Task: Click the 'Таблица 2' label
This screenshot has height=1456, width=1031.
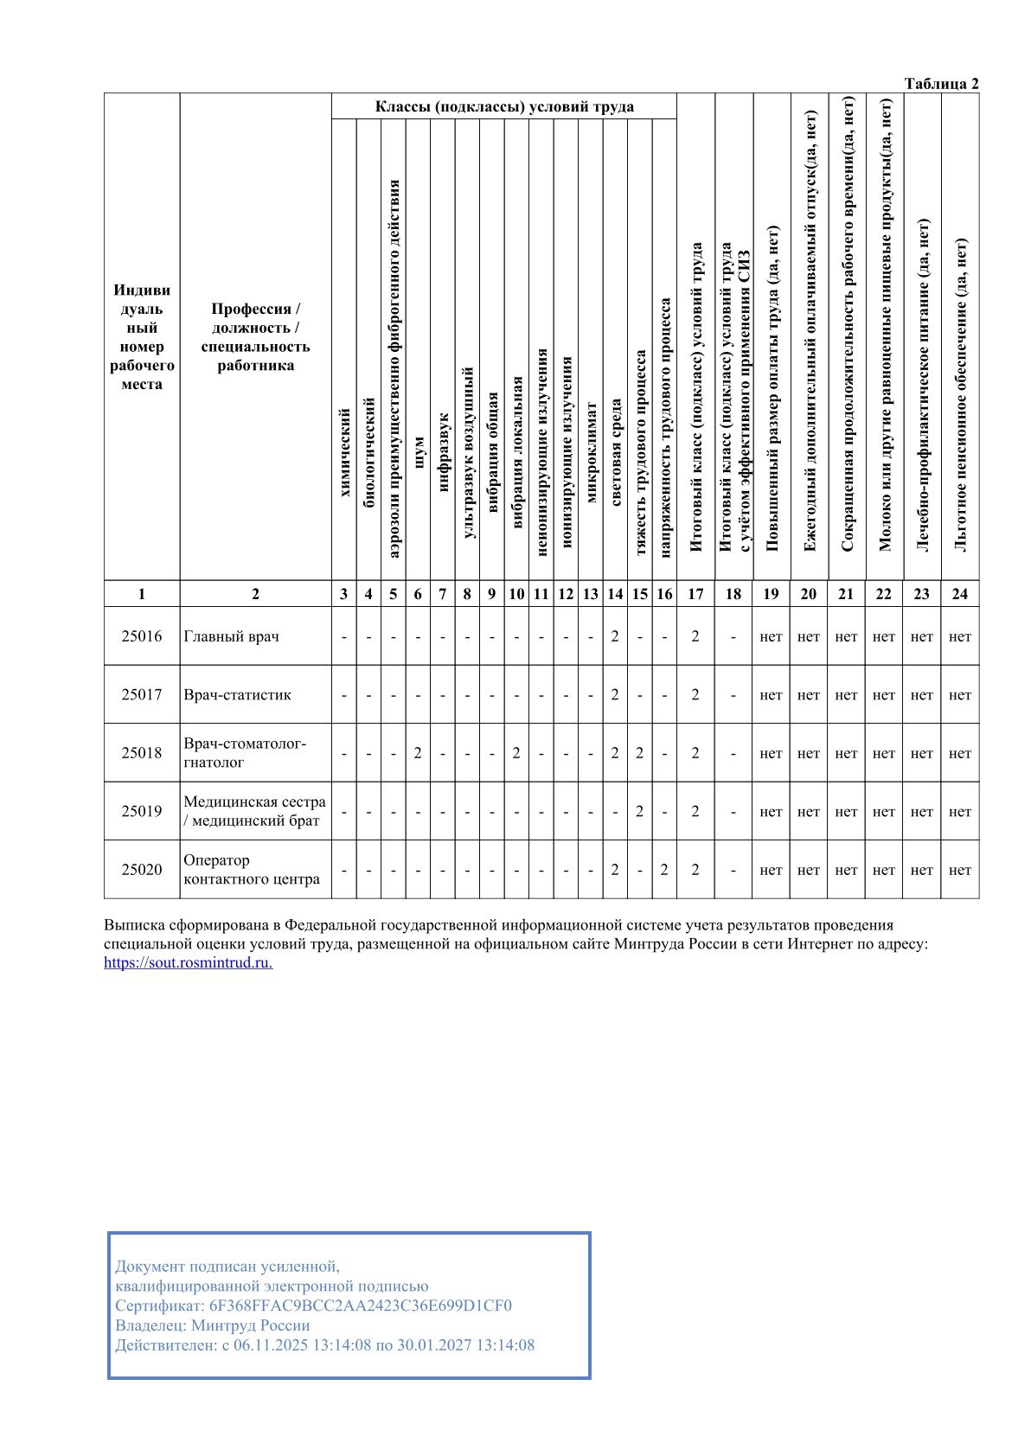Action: point(941,84)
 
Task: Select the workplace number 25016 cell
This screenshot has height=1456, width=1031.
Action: point(142,636)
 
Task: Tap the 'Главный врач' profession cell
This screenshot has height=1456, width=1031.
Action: point(232,636)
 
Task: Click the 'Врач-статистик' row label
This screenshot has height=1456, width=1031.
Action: point(238,694)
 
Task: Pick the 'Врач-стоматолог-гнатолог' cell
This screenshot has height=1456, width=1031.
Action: point(245,753)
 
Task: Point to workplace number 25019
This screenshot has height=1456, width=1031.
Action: point(142,811)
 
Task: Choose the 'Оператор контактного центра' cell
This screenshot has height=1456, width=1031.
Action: point(252,870)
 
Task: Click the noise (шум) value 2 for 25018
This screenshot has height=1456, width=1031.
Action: point(418,753)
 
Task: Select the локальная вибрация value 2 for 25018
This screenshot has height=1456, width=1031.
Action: point(516,753)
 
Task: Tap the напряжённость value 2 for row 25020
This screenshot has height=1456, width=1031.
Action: point(664,870)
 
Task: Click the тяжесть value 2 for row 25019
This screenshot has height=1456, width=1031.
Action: point(639,811)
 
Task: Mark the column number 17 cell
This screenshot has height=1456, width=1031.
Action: point(695,594)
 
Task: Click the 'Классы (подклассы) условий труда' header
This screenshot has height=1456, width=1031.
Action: point(504,107)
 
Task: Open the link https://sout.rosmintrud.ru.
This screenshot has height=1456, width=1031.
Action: point(188,963)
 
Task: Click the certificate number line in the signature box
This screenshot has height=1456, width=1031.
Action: point(313,1306)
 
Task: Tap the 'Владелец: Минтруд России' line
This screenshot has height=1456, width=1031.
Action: point(213,1325)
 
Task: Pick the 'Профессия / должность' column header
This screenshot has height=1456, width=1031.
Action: point(255,337)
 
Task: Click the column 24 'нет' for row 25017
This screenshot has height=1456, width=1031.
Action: point(960,694)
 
